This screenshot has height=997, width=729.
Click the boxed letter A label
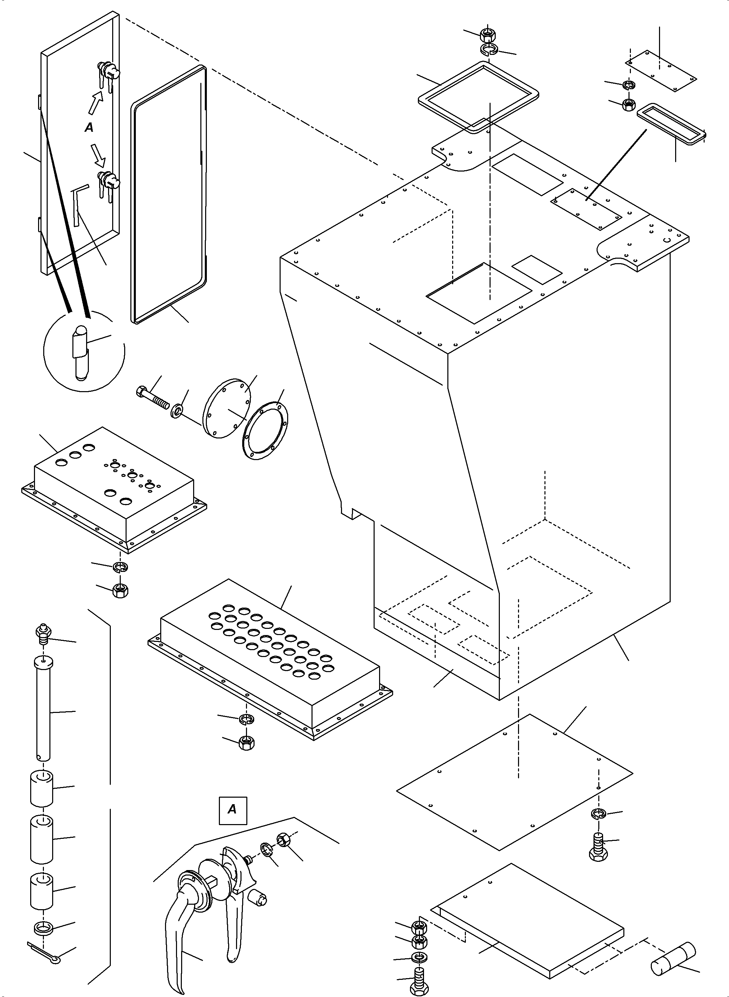tap(232, 809)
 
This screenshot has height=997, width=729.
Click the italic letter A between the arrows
tap(89, 128)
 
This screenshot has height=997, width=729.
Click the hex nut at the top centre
tap(486, 33)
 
